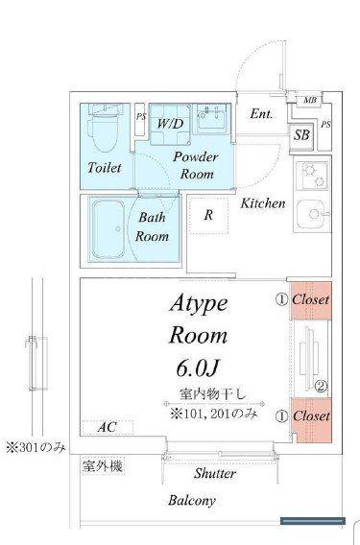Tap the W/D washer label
click(170, 124)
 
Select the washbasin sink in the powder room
click(212, 119)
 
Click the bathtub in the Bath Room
click(108, 230)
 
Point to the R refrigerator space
click(208, 215)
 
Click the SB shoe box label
click(301, 135)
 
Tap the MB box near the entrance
click(310, 101)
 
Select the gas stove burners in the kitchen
click(312, 176)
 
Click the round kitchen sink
click(312, 213)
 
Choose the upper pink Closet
click(311, 300)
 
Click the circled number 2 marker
click(321, 386)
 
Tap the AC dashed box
click(108, 427)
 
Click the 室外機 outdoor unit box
click(103, 466)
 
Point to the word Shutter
click(215, 473)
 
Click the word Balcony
click(192, 501)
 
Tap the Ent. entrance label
click(262, 113)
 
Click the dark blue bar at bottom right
click(313, 521)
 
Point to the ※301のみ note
click(36, 448)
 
